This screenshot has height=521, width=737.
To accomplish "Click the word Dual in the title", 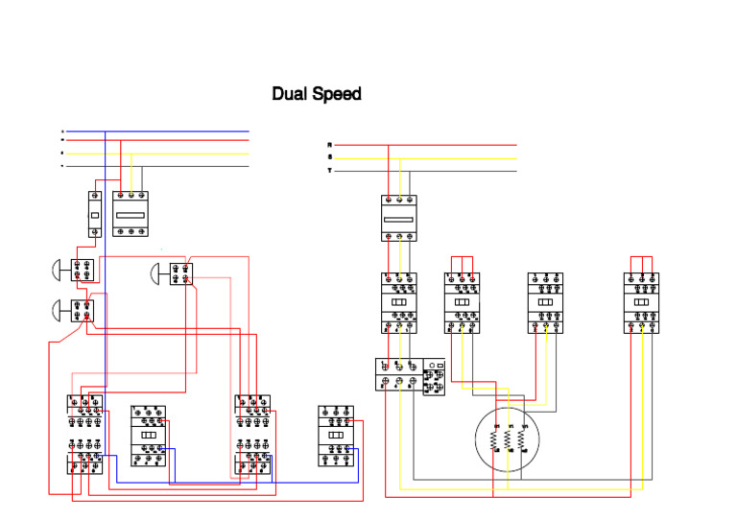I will click(290, 94).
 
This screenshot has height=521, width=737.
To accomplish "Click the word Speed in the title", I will click(338, 95).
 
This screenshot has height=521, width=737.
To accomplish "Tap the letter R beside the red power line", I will click(330, 145).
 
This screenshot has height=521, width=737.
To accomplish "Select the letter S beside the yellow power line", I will click(330, 157).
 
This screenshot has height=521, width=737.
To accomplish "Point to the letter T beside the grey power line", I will click(330, 170).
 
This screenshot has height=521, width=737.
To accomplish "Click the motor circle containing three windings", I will click(509, 438).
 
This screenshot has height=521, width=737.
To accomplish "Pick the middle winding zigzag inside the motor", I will click(510, 440).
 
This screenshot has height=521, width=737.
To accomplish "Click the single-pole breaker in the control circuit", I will click(95, 214).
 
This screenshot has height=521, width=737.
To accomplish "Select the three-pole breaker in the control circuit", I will click(131, 214).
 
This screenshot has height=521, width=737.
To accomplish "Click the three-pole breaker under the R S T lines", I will click(398, 218).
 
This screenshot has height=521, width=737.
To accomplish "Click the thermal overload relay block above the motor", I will click(410, 374).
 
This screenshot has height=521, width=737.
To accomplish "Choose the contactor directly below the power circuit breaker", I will click(398, 302).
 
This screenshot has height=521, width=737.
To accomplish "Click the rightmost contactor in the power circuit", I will click(641, 302).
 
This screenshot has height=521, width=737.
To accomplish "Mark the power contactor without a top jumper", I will click(545, 302).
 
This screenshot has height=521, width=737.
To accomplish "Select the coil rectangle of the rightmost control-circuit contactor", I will click(336, 435).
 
